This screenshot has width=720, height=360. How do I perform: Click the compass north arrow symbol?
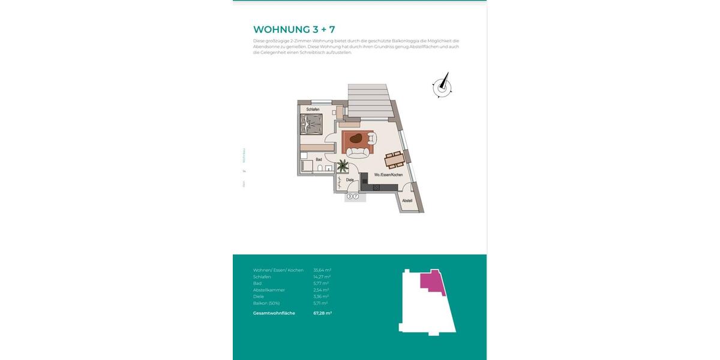pyautogui.click(x=443, y=86)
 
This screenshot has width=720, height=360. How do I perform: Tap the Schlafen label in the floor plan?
pyautogui.click(x=313, y=110)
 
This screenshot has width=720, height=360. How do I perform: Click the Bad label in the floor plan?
pyautogui.click(x=319, y=159)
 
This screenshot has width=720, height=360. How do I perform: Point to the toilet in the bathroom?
pyautogui.click(x=322, y=168)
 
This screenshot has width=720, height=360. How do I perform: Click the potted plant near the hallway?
pyautogui.click(x=343, y=165)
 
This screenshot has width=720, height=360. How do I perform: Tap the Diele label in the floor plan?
pyautogui.click(x=349, y=179)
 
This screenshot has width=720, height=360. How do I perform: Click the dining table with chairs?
pyautogui.click(x=394, y=159)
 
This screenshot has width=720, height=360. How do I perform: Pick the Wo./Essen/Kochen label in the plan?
pyautogui.click(x=388, y=175)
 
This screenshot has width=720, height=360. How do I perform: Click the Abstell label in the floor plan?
pyautogui.click(x=407, y=200)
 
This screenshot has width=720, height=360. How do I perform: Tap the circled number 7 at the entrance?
pyautogui.click(x=356, y=196)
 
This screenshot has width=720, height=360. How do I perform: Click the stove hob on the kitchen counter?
pyautogui.click(x=376, y=188)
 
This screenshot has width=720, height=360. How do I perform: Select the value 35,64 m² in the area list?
pyautogui.click(x=322, y=270)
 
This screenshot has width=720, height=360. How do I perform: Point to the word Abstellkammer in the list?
pyautogui.click(x=269, y=290)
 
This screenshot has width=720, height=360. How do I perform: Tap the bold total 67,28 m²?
pyautogui.click(x=322, y=313)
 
